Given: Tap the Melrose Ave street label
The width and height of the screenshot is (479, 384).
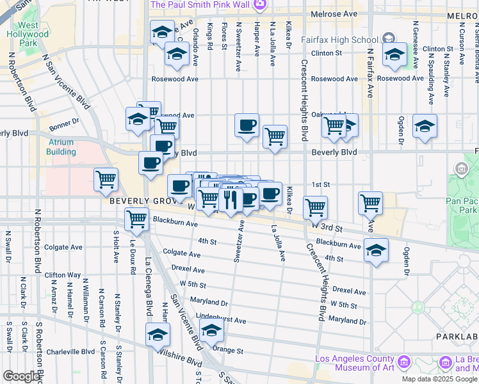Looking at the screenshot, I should click(332, 13).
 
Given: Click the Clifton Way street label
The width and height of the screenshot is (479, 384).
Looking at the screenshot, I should click(63, 275).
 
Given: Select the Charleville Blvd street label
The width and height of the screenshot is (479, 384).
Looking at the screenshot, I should click(71, 351).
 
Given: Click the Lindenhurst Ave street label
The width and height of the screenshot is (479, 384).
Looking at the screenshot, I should click(221, 319).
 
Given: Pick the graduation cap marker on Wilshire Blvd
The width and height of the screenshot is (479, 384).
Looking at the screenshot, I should click(158, 334).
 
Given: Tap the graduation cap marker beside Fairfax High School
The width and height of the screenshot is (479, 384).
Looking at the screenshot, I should click(394, 54).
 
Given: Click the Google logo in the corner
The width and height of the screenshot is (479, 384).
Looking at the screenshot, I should click(20, 376).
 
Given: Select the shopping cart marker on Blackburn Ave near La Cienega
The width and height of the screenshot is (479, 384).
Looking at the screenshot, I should click(137, 218).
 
